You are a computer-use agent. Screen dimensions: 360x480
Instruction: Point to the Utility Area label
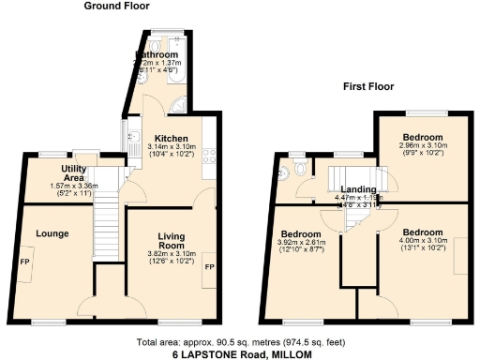pyautogui.click(x=74, y=172)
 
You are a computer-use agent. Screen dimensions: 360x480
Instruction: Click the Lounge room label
pyautogui.click(x=52, y=233)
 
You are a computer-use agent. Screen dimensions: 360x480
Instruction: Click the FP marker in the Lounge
pyautogui.click(x=24, y=262)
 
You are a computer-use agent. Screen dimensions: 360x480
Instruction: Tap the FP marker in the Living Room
pyautogui.click(x=209, y=268)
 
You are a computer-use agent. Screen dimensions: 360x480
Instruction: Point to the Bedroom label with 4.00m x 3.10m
pyautogui.click(x=422, y=232)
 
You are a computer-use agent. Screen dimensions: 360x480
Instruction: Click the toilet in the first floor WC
pyautogui.click(x=299, y=170)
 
